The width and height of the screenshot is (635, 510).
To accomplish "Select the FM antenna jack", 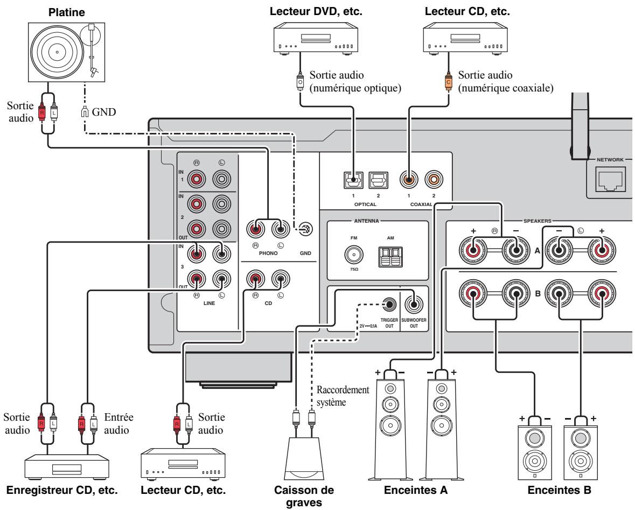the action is pyautogui.click(x=353, y=254).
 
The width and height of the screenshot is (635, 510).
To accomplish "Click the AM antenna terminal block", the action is pyautogui.click(x=390, y=257).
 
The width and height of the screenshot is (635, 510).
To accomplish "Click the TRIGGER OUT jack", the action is pyautogui.click(x=389, y=304).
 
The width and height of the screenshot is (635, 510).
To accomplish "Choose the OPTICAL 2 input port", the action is pyautogui.click(x=378, y=180).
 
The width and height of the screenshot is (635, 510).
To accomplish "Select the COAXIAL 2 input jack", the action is pyautogui.click(x=434, y=179).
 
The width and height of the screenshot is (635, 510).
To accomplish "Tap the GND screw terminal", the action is pyautogui.click(x=306, y=229).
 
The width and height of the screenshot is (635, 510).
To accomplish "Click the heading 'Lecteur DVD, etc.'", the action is pyautogui.click(x=316, y=11).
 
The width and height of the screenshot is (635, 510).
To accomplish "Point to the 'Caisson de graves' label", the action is pyautogui.click(x=304, y=496).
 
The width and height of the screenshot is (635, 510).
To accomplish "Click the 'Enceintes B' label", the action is pyautogui.click(x=559, y=490).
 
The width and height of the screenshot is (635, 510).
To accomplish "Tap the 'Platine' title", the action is pyautogui.click(x=66, y=12).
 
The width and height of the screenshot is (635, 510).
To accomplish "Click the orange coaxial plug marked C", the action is pyautogui.click(x=448, y=82).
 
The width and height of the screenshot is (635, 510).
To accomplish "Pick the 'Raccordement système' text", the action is pyautogui.click(x=343, y=396).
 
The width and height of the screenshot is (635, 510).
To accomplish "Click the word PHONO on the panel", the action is pyautogui.click(x=268, y=253).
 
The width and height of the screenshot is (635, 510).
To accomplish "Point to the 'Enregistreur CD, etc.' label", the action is pyautogui.click(x=62, y=490).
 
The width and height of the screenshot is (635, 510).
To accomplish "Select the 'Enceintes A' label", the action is pyautogui.click(x=415, y=490).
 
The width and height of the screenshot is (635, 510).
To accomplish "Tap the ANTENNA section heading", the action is pyautogui.click(x=366, y=221).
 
